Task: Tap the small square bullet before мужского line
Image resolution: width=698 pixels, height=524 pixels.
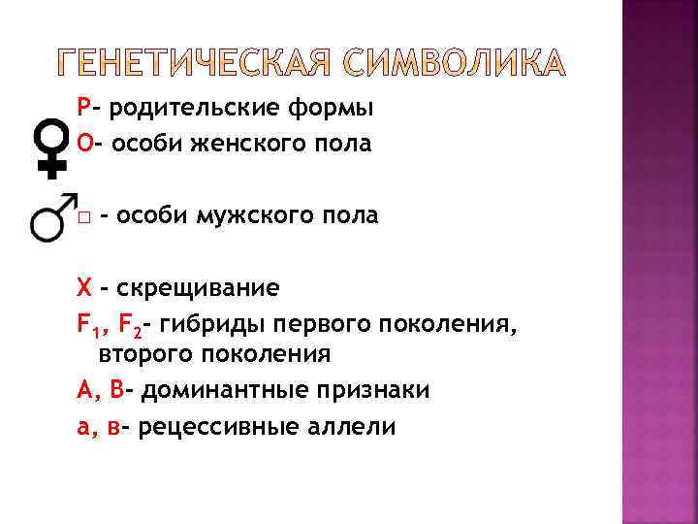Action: [85, 215]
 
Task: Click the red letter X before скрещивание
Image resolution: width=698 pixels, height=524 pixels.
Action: [84, 287]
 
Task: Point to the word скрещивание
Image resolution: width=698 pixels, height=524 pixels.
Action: [197, 288]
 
